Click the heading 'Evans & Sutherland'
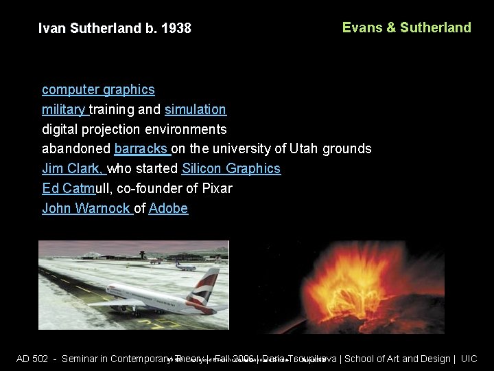[x=406, y=27]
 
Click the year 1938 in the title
[x=176, y=29]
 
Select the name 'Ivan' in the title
[x=51, y=29]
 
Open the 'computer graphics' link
[x=98, y=89]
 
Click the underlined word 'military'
[x=64, y=109]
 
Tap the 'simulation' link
[x=196, y=109]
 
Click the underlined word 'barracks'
[x=141, y=148]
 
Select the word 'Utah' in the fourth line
[x=303, y=148]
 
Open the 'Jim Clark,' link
[x=73, y=168]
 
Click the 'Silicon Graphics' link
[x=231, y=168]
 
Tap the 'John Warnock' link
[x=86, y=208]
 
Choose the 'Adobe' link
[x=168, y=208]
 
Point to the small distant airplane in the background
[x=185, y=265]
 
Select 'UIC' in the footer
[x=469, y=359]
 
